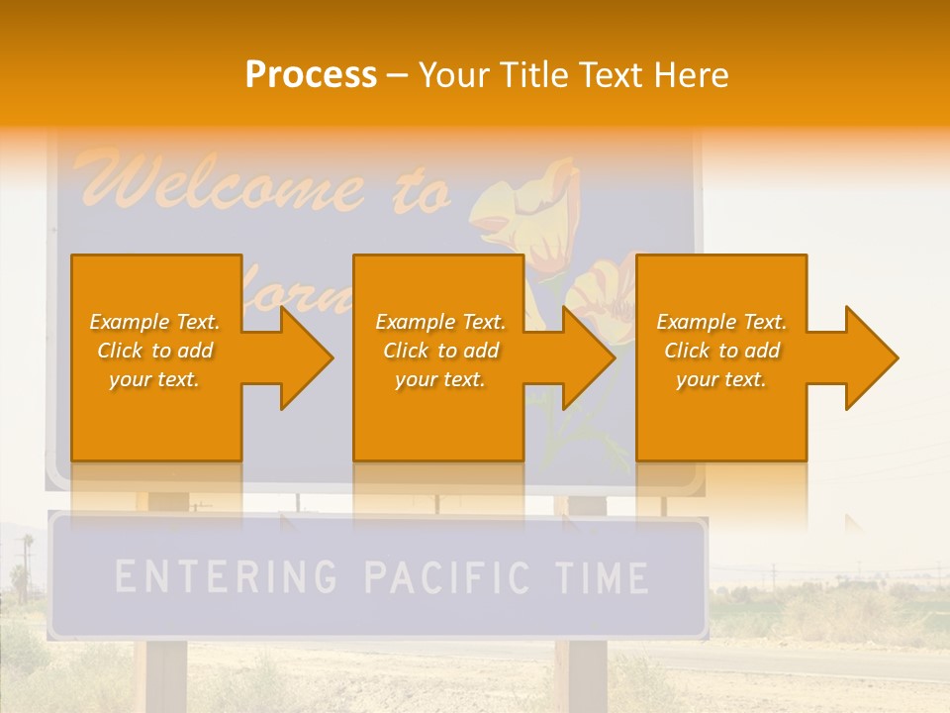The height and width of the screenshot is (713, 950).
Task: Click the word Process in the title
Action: [311, 75]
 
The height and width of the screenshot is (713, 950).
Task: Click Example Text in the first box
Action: [155, 322]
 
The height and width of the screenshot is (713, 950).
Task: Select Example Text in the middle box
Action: [439, 322]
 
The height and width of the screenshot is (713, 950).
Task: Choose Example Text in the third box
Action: [721, 322]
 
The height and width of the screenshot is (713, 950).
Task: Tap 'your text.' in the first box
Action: [155, 379]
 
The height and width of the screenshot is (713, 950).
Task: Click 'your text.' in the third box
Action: [721, 379]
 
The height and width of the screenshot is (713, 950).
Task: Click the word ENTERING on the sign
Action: [226, 576]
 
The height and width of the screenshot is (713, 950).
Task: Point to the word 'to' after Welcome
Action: [420, 193]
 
